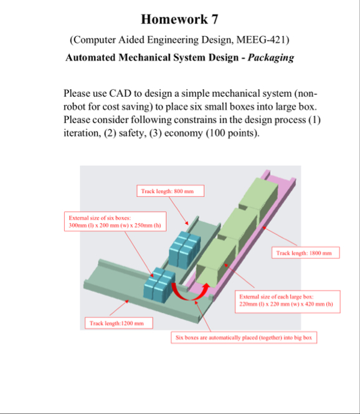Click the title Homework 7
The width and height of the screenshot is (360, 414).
pyautogui.click(x=179, y=19)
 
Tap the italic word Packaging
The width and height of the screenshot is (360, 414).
pyautogui.click(x=271, y=57)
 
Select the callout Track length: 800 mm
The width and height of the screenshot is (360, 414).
pyautogui.click(x=171, y=191)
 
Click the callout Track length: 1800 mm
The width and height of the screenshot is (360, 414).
pyautogui.click(x=306, y=253)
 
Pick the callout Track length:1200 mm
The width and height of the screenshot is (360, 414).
pyautogui.click(x=119, y=323)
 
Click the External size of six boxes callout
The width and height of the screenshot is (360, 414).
pyautogui.click(x=115, y=221)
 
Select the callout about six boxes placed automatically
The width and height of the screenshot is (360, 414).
pyautogui.click(x=244, y=338)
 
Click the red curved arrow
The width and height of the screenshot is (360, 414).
pyautogui.click(x=189, y=297)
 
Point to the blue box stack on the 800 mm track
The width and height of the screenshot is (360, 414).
pyautogui.click(x=184, y=249)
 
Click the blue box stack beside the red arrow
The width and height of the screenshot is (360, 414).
pyautogui.click(x=159, y=285)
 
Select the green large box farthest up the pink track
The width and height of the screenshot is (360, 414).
pyautogui.click(x=258, y=195)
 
